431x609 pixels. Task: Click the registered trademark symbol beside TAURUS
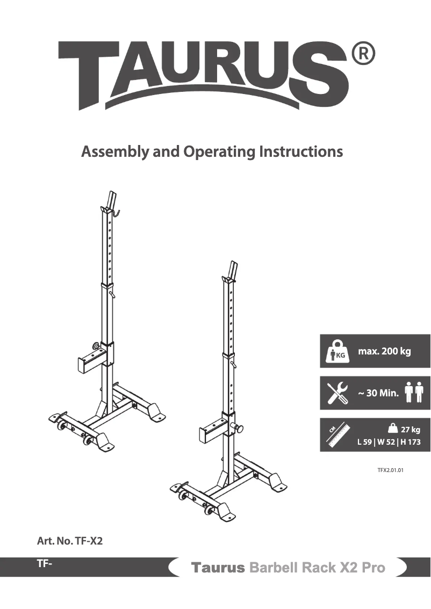[363, 54]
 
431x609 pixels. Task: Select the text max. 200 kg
[384, 352]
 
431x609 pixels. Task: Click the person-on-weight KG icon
[339, 352]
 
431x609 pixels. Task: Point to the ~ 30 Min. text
[378, 393]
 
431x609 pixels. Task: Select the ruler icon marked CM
[337, 435]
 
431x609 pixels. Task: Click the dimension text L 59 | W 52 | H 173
[389, 443]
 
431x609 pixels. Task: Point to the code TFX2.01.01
[390, 469]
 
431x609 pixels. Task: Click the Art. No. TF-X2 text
[70, 541]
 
